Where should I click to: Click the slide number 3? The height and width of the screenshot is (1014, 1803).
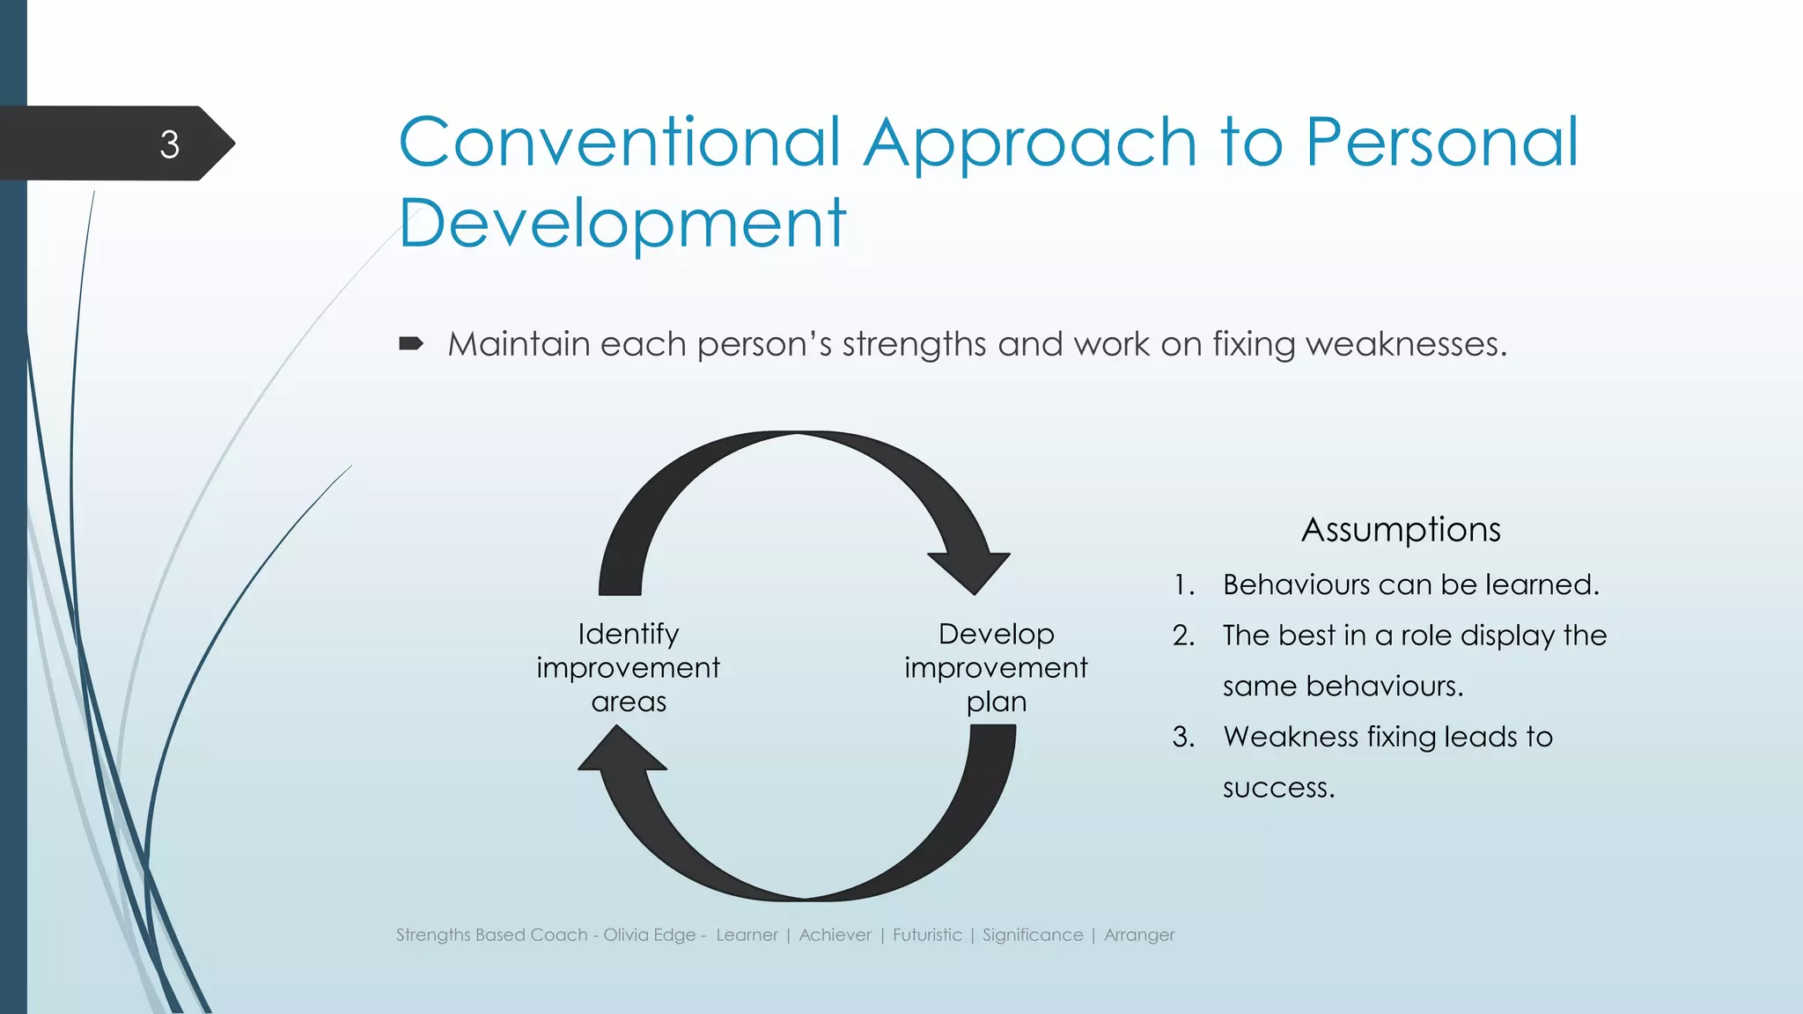169,144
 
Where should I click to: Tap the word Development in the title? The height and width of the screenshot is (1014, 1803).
622,224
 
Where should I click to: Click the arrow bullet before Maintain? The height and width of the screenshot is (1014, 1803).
410,343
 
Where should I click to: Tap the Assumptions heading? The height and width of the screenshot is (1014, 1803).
1401,530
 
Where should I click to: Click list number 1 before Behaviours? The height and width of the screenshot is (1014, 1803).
1184,585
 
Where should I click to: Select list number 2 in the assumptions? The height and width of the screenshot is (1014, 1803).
1183,636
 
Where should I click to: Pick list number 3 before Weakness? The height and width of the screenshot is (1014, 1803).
1183,737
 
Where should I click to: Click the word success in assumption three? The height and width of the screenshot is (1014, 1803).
1277,788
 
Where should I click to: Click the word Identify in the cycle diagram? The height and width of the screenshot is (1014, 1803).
628,634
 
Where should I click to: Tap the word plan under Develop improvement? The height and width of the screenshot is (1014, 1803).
996,702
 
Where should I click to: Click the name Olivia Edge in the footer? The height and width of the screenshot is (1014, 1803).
649,935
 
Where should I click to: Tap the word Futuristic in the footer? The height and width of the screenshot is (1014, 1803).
927,935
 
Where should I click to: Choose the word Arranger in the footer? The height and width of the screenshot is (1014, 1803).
1139,935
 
